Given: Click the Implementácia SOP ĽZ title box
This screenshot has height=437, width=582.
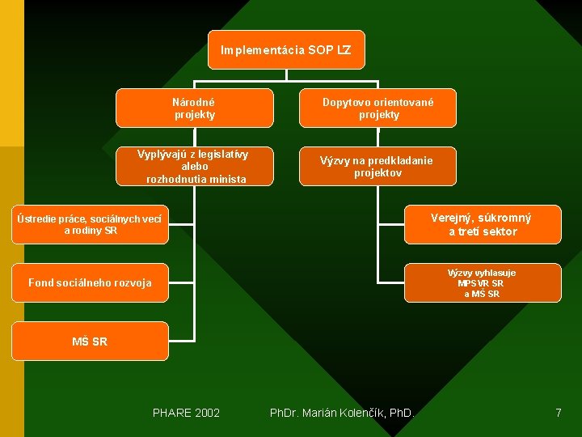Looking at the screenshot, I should (x=286, y=50).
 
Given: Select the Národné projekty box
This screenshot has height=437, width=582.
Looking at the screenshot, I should (x=194, y=108).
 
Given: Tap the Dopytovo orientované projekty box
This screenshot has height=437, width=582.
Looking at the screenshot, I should (x=377, y=108).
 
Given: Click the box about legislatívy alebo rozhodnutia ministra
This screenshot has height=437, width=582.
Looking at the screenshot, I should (x=194, y=166).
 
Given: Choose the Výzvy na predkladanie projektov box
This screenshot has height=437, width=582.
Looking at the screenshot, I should (x=377, y=166).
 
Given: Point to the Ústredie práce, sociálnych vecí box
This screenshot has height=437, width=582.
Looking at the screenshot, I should (x=90, y=224).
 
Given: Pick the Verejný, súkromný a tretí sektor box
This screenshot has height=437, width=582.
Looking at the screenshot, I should (x=483, y=224).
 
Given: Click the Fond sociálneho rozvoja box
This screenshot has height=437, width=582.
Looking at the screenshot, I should (x=90, y=282).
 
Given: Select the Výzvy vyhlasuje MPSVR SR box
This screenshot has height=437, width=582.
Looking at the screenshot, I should (x=483, y=283).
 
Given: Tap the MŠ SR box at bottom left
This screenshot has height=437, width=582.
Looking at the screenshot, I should (x=90, y=342).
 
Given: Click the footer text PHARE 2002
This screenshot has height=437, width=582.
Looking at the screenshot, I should (x=186, y=413).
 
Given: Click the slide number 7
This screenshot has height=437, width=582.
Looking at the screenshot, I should (x=558, y=413).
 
